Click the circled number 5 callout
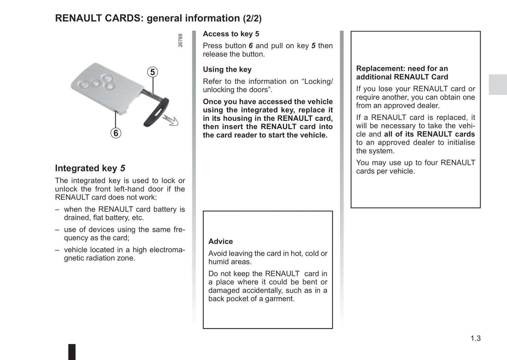tap(152, 72)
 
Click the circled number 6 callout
tap(116, 133)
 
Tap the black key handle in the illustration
tap(156, 112)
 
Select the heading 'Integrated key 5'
tap(90, 168)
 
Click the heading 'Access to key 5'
tap(231, 34)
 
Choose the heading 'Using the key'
tap(227, 69)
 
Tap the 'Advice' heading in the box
tap(220, 241)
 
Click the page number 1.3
tap(475, 339)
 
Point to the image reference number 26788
tap(180, 40)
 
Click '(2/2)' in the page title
tap(252, 19)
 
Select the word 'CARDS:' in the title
tap(124, 18)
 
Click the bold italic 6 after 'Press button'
tap(251, 46)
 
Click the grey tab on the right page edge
tap(498, 85)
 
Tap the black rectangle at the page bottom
tap(72, 352)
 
